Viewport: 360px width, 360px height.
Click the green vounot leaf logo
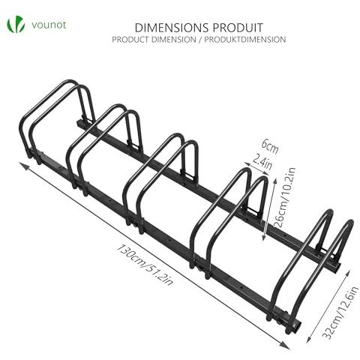coord(16,24)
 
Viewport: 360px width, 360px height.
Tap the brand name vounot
coord(49,25)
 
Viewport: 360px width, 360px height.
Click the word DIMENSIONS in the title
coord(172,28)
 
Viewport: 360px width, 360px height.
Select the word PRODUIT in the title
coord(238,28)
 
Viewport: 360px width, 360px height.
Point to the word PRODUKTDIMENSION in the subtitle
coord(245,40)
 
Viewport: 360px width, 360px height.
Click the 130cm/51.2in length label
coord(145,265)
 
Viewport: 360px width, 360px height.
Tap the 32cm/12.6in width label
coord(341,313)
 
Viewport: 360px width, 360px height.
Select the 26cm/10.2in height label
coord(285,197)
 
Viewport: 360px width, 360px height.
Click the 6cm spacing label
coord(270,147)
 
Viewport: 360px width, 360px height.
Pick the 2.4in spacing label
coord(262,162)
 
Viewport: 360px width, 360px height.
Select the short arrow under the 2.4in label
coord(256,169)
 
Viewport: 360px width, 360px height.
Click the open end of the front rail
coord(297,325)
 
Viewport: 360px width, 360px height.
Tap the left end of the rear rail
coord(79,124)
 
